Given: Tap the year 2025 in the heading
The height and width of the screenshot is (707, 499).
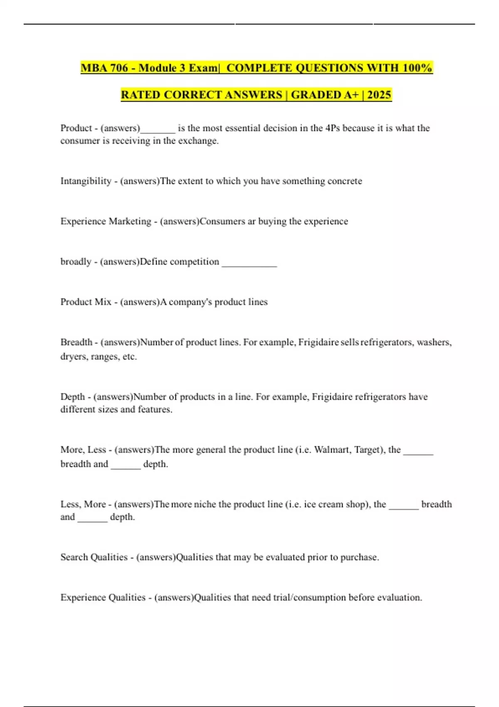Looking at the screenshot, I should (379, 95).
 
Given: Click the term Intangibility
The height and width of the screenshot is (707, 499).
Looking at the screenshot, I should (86, 181).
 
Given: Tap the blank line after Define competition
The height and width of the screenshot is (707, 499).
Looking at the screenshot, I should (249, 263).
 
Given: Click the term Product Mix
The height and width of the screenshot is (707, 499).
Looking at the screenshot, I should (86, 302).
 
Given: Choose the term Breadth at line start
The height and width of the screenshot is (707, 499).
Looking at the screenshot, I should (76, 342).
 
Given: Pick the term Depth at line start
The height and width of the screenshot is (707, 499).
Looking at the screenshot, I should (73, 397).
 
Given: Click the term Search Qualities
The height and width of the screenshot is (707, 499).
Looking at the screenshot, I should (94, 557).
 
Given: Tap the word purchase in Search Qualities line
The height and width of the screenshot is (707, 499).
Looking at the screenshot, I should (359, 557).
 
